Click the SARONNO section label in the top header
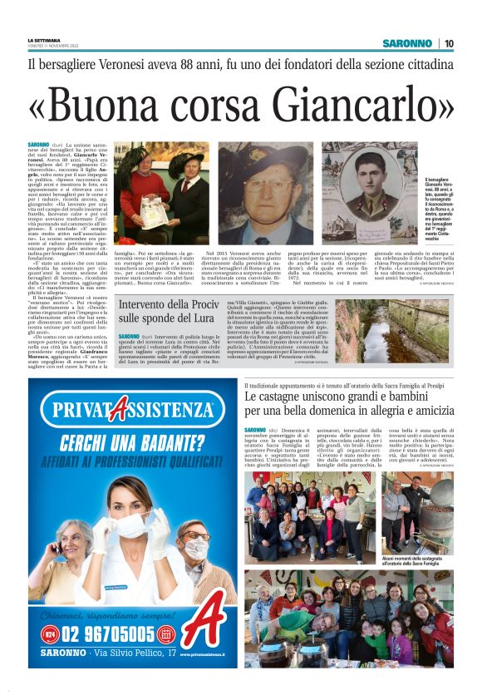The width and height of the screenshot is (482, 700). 407,43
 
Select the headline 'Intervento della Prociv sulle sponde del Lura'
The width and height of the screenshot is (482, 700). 172,311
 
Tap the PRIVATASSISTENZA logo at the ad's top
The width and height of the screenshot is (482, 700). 133,409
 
